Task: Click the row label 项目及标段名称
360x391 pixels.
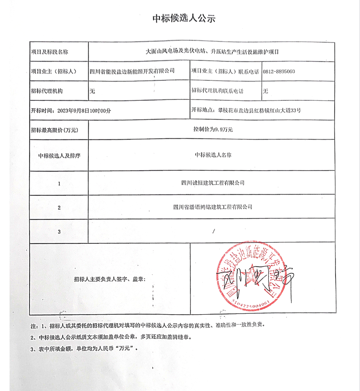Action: [49, 53]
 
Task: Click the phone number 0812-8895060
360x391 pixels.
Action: [279, 72]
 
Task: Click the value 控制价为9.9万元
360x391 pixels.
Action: [212, 130]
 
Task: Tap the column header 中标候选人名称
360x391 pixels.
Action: [213, 155]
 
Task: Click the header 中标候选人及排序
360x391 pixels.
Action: [59, 155]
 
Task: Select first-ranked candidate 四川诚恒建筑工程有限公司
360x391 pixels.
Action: [213, 183]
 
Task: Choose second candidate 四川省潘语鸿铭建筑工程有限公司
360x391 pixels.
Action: [213, 207]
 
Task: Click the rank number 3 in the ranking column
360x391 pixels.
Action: [59, 232]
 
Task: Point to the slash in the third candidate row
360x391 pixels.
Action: [213, 232]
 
